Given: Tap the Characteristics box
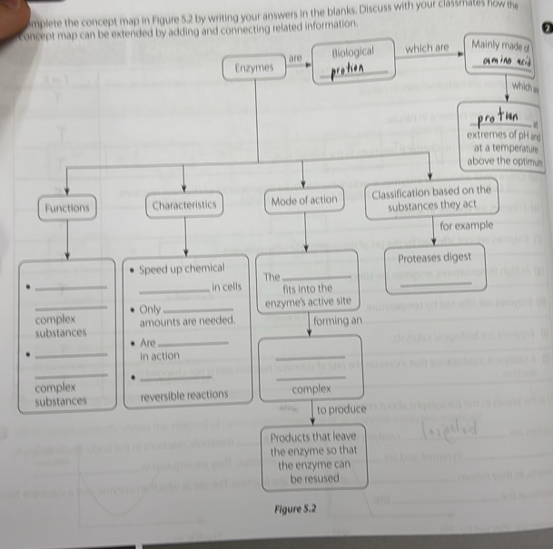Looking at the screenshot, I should coord(184,206).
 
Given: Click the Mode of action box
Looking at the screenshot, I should coord(304,201).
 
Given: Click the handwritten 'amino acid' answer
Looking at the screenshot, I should coord(501,60).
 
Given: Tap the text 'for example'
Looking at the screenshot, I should coord(466,225).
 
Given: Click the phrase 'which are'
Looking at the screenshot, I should coord(427,47).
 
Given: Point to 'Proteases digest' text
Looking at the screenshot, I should coord(435,257).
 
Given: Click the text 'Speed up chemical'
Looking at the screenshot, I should coord(182,270).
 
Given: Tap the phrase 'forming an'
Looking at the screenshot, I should coord(337,321).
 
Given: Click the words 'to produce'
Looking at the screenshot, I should coord(341,410).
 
